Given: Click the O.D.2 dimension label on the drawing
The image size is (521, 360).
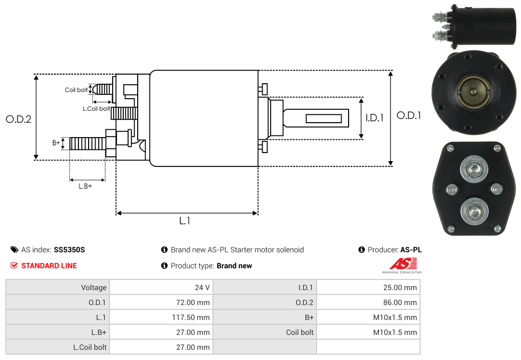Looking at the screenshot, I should coord(19,119).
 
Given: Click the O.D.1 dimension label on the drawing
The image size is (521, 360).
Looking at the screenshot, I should coord(408,115).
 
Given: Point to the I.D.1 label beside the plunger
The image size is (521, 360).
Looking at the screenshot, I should coord(374,118).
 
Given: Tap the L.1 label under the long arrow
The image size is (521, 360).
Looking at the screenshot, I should coord(185,220).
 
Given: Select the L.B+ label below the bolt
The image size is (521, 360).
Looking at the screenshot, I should coord(85,186).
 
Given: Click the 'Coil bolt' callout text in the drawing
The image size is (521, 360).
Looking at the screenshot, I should coord(76,90).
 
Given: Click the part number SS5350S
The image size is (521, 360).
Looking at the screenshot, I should coord(69,250).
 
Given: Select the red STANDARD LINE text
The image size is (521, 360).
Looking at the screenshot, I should coord(49,266).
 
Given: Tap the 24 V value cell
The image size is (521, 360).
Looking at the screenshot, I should coord(202,287).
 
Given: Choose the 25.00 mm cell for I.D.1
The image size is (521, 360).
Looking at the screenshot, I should coord(399,287).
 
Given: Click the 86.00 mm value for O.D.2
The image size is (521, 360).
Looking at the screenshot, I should coord(399,302).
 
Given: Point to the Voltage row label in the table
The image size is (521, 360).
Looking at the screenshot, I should coord(94,287).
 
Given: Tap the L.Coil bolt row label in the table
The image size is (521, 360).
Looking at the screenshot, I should coord(90,347).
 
